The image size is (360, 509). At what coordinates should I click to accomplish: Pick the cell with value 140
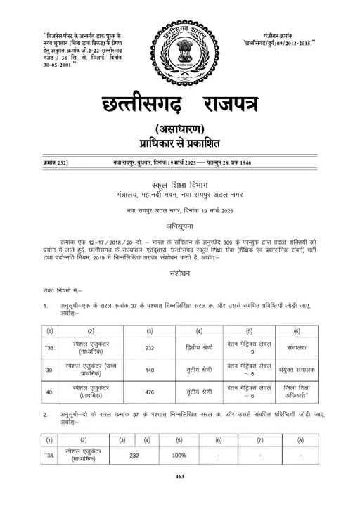click(x=150, y=369)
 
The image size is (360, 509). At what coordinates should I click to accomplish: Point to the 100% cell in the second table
click(x=179, y=456)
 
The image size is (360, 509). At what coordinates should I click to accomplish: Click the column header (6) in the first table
click(x=295, y=330)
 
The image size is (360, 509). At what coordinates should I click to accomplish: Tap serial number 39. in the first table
click(x=50, y=369)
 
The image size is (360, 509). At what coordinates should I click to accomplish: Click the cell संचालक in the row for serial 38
click(x=295, y=347)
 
